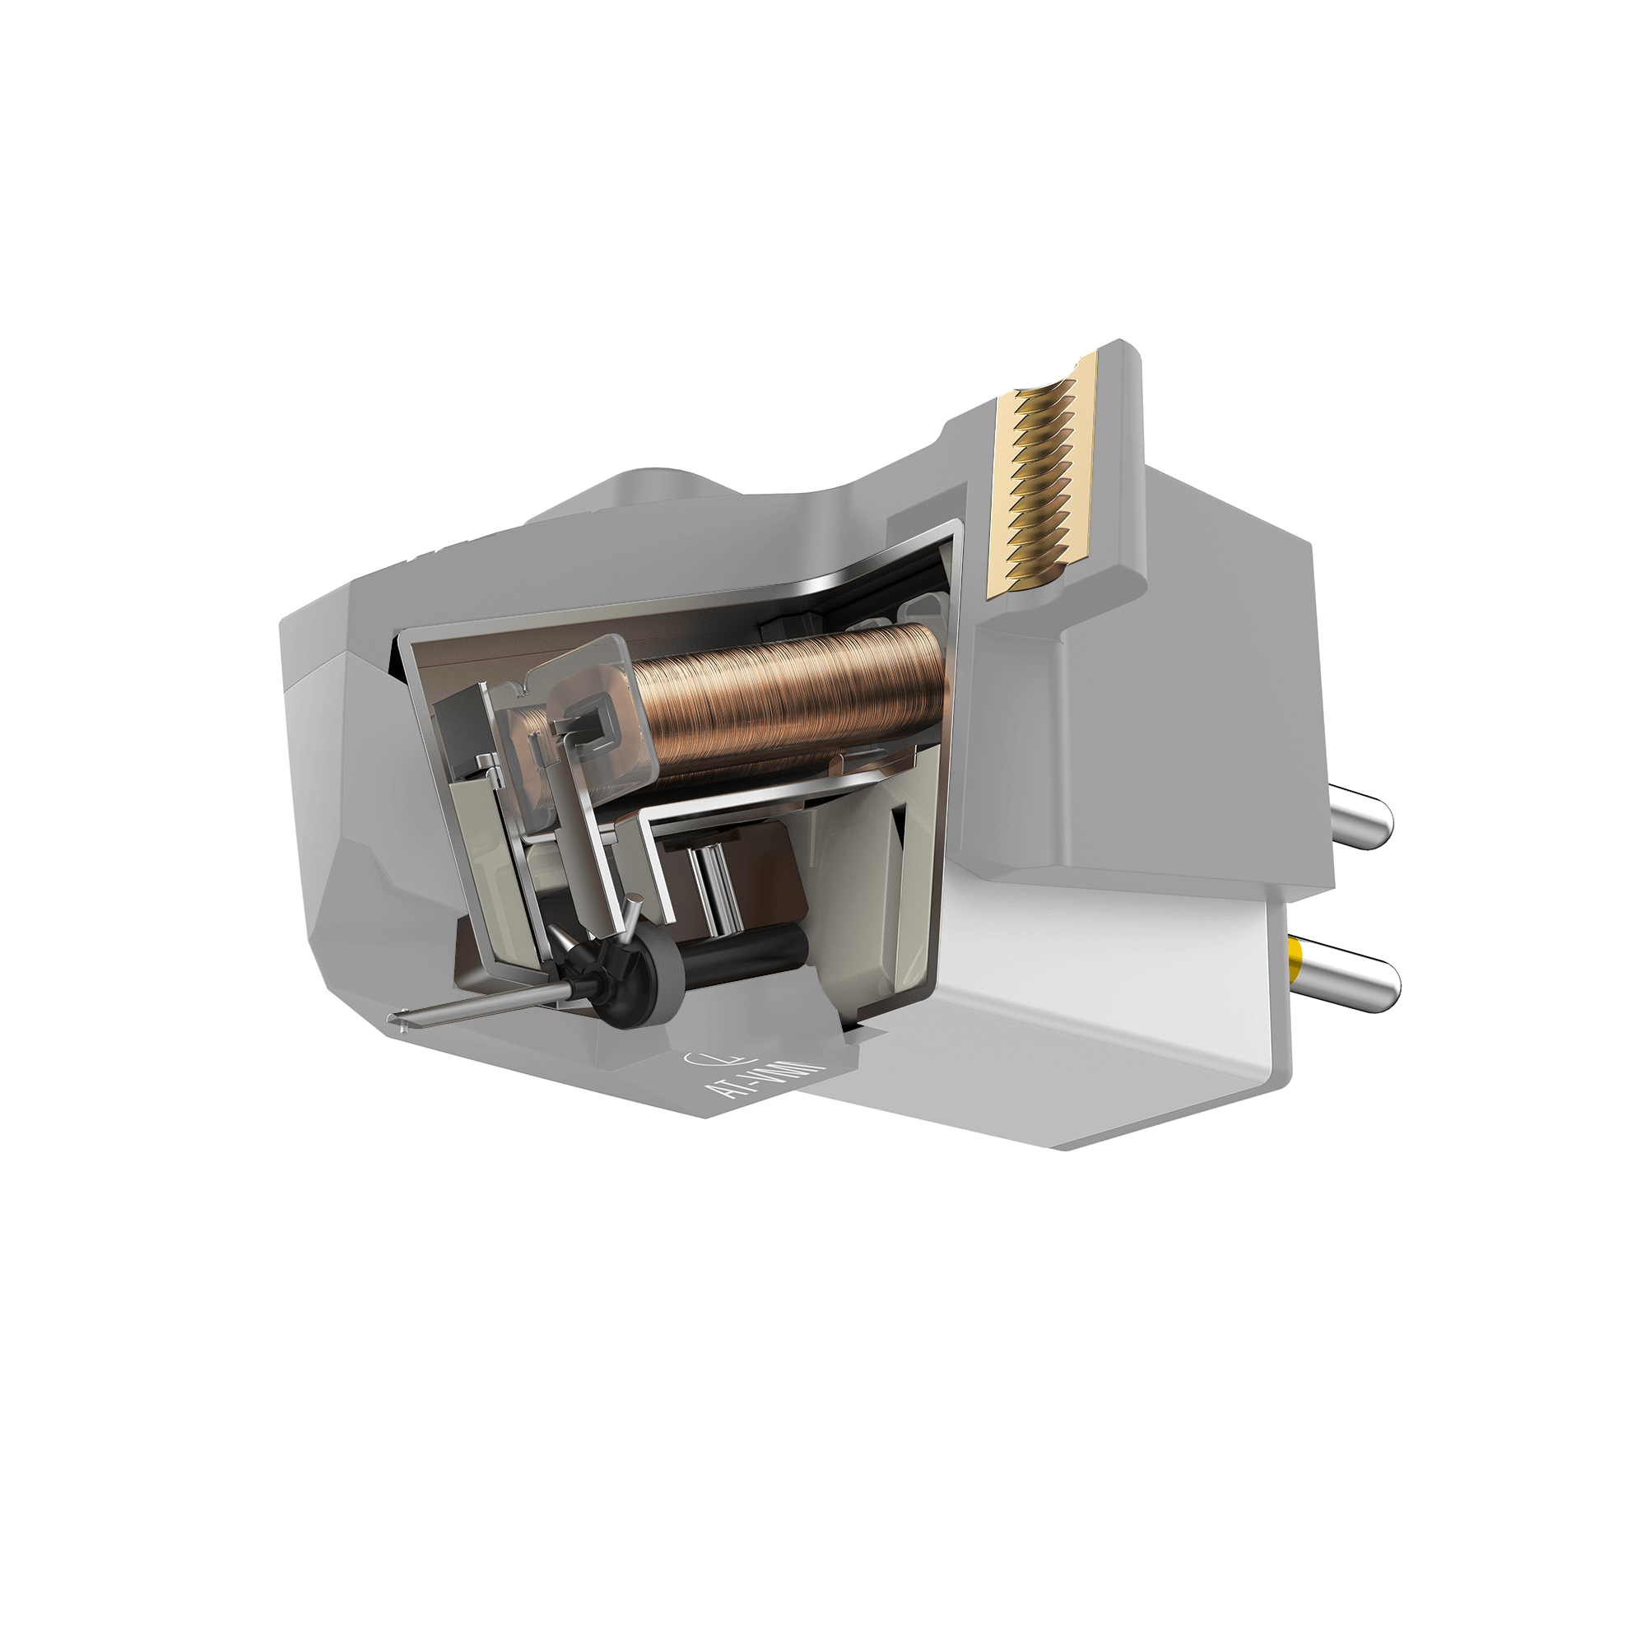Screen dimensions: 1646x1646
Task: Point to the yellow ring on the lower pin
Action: coord(1296,955)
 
